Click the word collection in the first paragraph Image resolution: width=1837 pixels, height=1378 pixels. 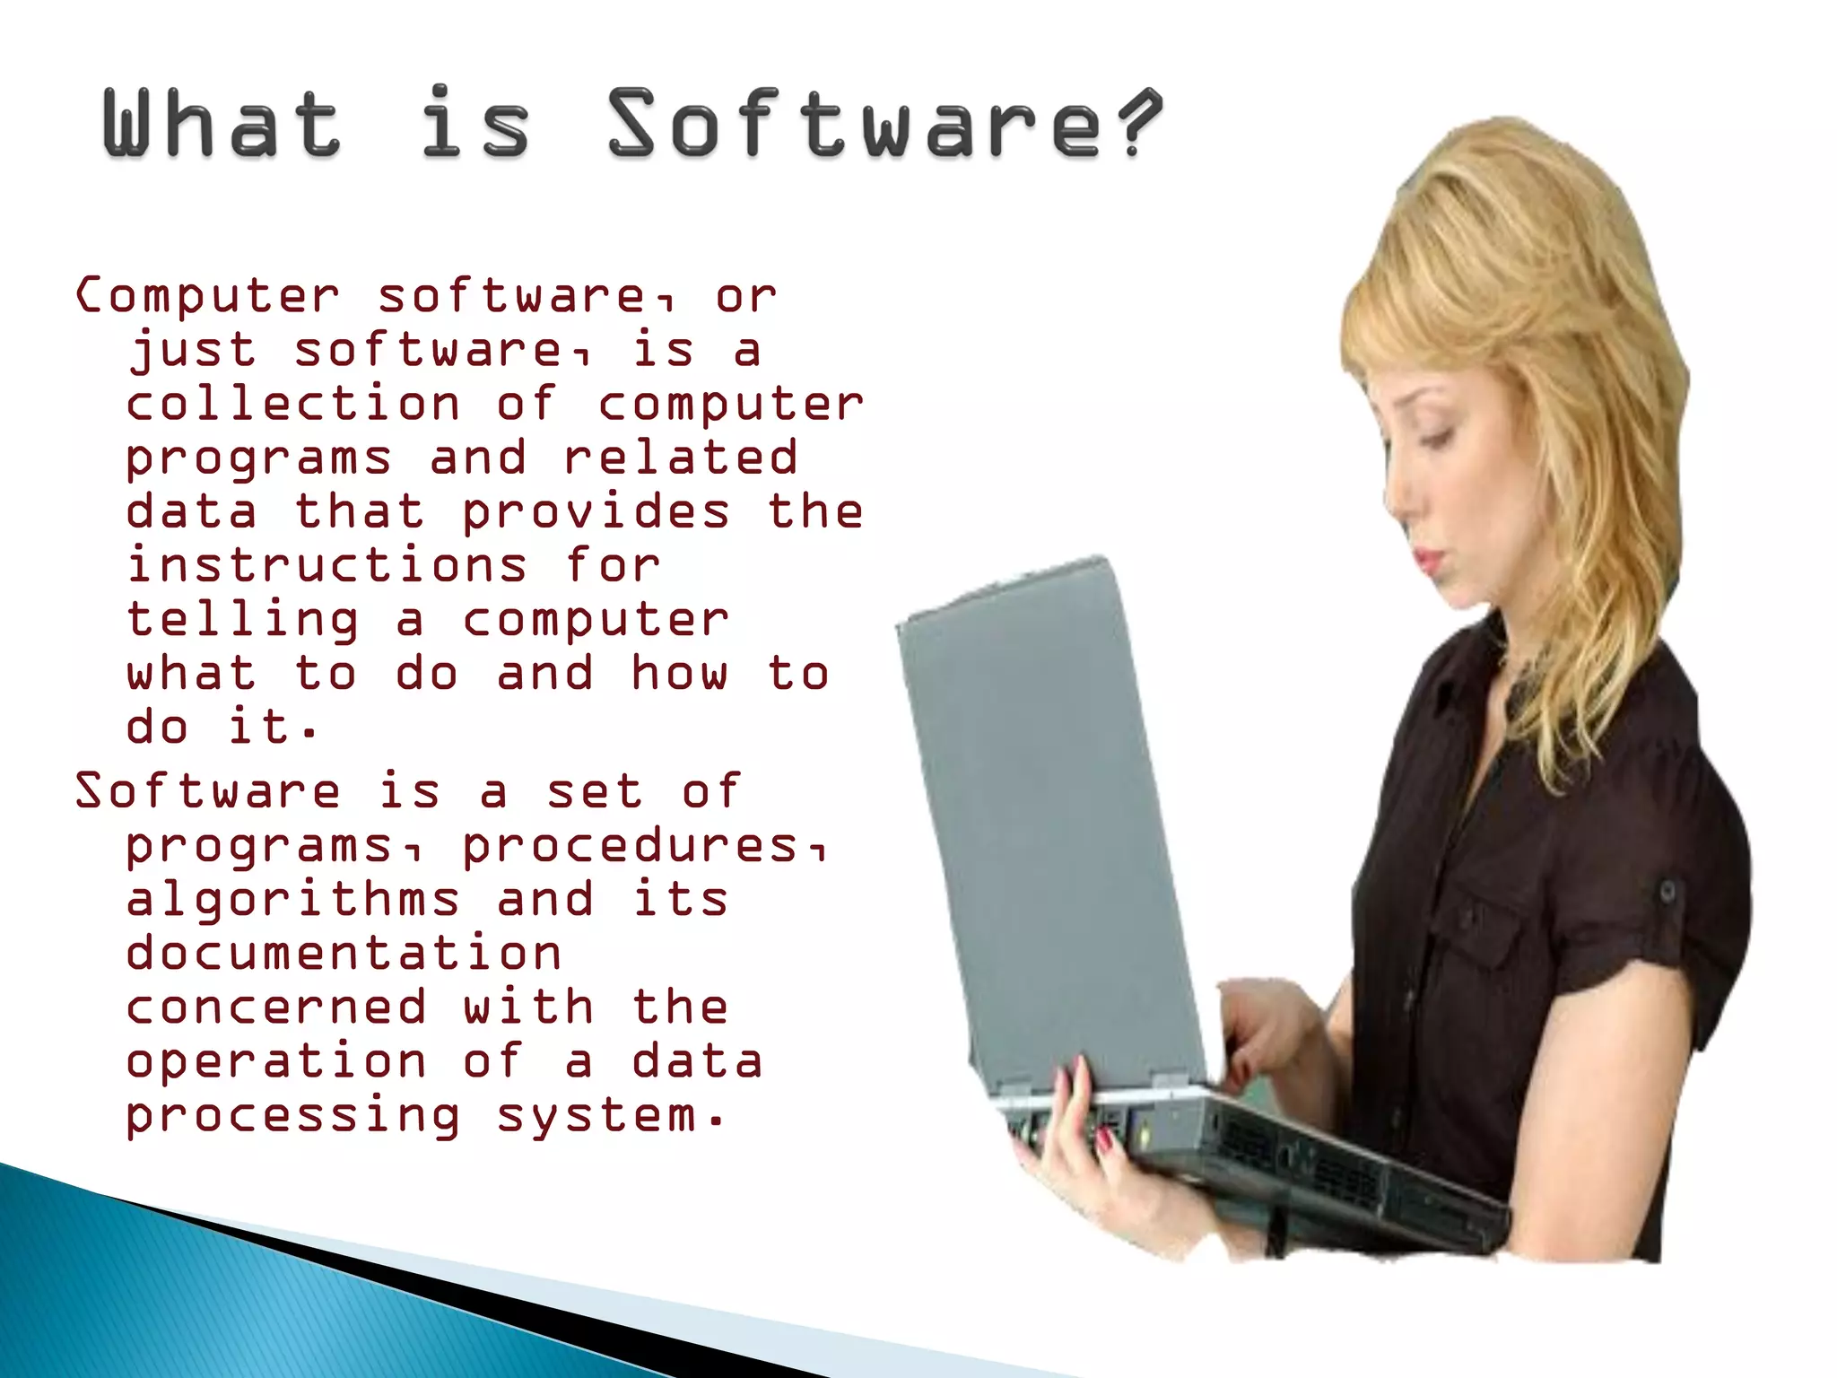(x=292, y=404)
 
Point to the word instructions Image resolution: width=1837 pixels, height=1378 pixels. (x=326, y=565)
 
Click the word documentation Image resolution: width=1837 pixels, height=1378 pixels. (x=344, y=953)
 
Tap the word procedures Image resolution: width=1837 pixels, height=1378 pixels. (x=630, y=845)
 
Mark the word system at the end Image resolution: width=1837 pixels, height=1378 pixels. (x=596, y=1115)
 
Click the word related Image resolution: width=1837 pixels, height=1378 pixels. (x=680, y=458)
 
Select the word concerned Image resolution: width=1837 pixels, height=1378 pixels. (x=276, y=1007)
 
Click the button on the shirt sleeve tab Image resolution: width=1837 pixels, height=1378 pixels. (x=1667, y=891)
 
